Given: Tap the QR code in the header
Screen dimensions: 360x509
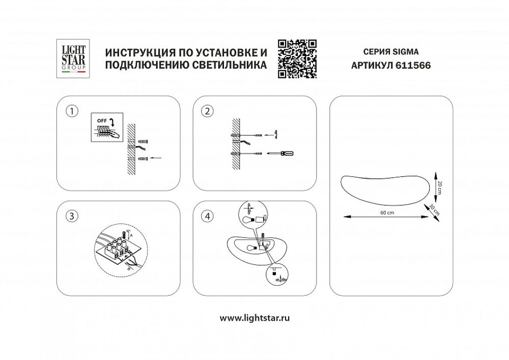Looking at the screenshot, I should coord(297,59).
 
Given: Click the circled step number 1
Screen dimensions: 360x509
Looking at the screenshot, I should coord(74,111).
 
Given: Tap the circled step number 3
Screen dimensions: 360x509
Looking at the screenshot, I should coord(74,216).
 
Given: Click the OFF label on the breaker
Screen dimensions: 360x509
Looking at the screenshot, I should coord(101,121).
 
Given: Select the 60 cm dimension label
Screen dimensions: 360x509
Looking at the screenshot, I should coord(388,212).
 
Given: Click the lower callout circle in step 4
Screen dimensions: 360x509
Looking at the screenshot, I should coord(276,276).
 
